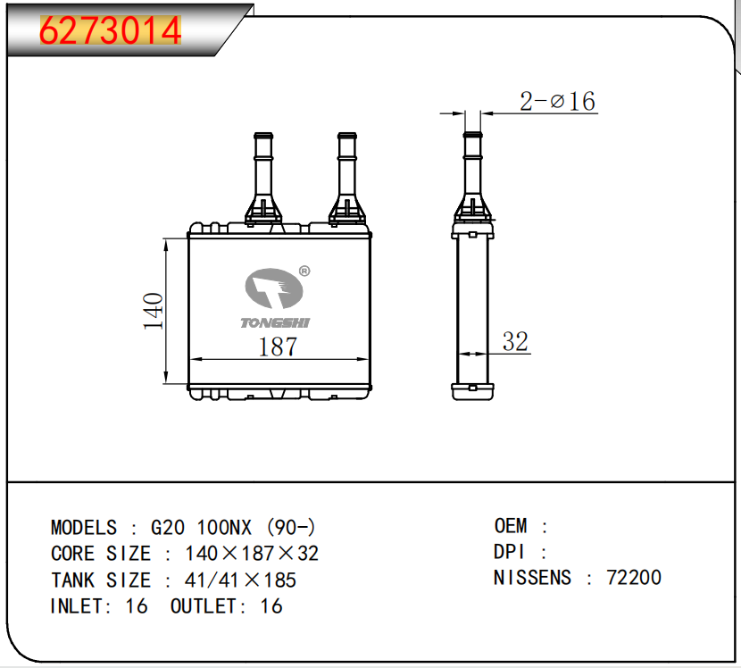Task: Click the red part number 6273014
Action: [110, 30]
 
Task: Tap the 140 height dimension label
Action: [154, 311]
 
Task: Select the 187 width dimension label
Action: [278, 347]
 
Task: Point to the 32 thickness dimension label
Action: [515, 341]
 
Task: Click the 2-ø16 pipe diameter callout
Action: [557, 101]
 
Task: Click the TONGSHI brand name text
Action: [275, 323]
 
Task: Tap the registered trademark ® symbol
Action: [304, 271]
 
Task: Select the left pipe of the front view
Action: [263, 179]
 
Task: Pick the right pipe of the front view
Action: [347, 179]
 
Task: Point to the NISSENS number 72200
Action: [634, 577]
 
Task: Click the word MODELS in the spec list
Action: [84, 528]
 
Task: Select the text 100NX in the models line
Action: [224, 528]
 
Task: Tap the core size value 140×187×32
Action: [252, 554]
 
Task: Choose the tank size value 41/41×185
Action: [240, 580]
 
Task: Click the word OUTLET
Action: [204, 606]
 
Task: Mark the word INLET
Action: [78, 606]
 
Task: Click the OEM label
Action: [511, 526]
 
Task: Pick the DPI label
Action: [509, 552]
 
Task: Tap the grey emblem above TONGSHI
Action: [273, 288]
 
